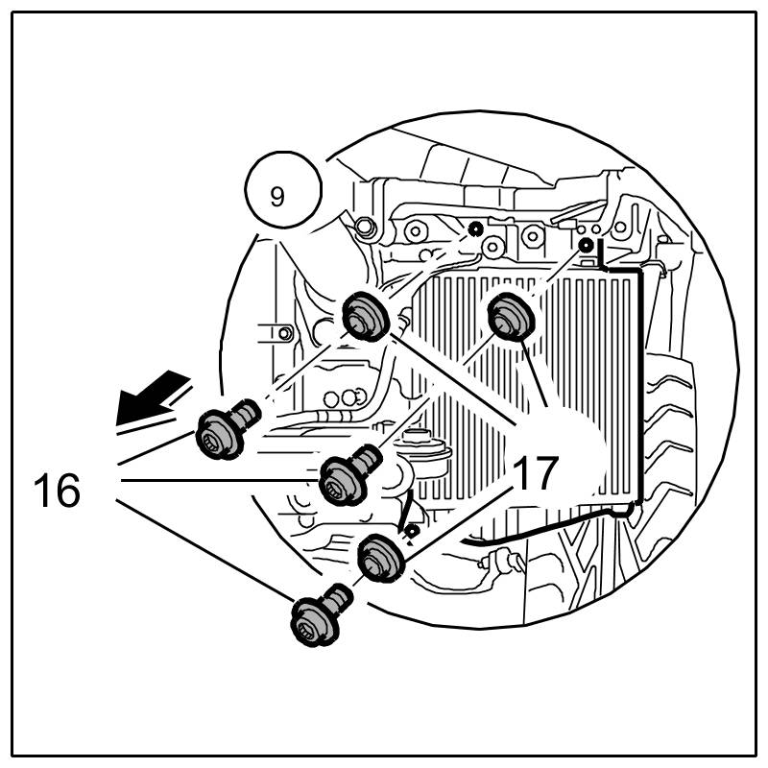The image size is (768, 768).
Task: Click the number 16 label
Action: tap(57, 491)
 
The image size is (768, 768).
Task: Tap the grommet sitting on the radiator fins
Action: tap(510, 315)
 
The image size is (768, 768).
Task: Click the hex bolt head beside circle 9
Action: tap(364, 227)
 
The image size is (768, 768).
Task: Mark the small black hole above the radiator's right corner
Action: tap(586, 246)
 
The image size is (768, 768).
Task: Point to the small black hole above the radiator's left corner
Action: tap(474, 228)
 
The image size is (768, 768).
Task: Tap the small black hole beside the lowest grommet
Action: tap(411, 530)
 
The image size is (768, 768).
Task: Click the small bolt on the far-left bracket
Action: tap(285, 334)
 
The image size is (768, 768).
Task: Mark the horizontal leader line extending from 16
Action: tap(221, 479)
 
